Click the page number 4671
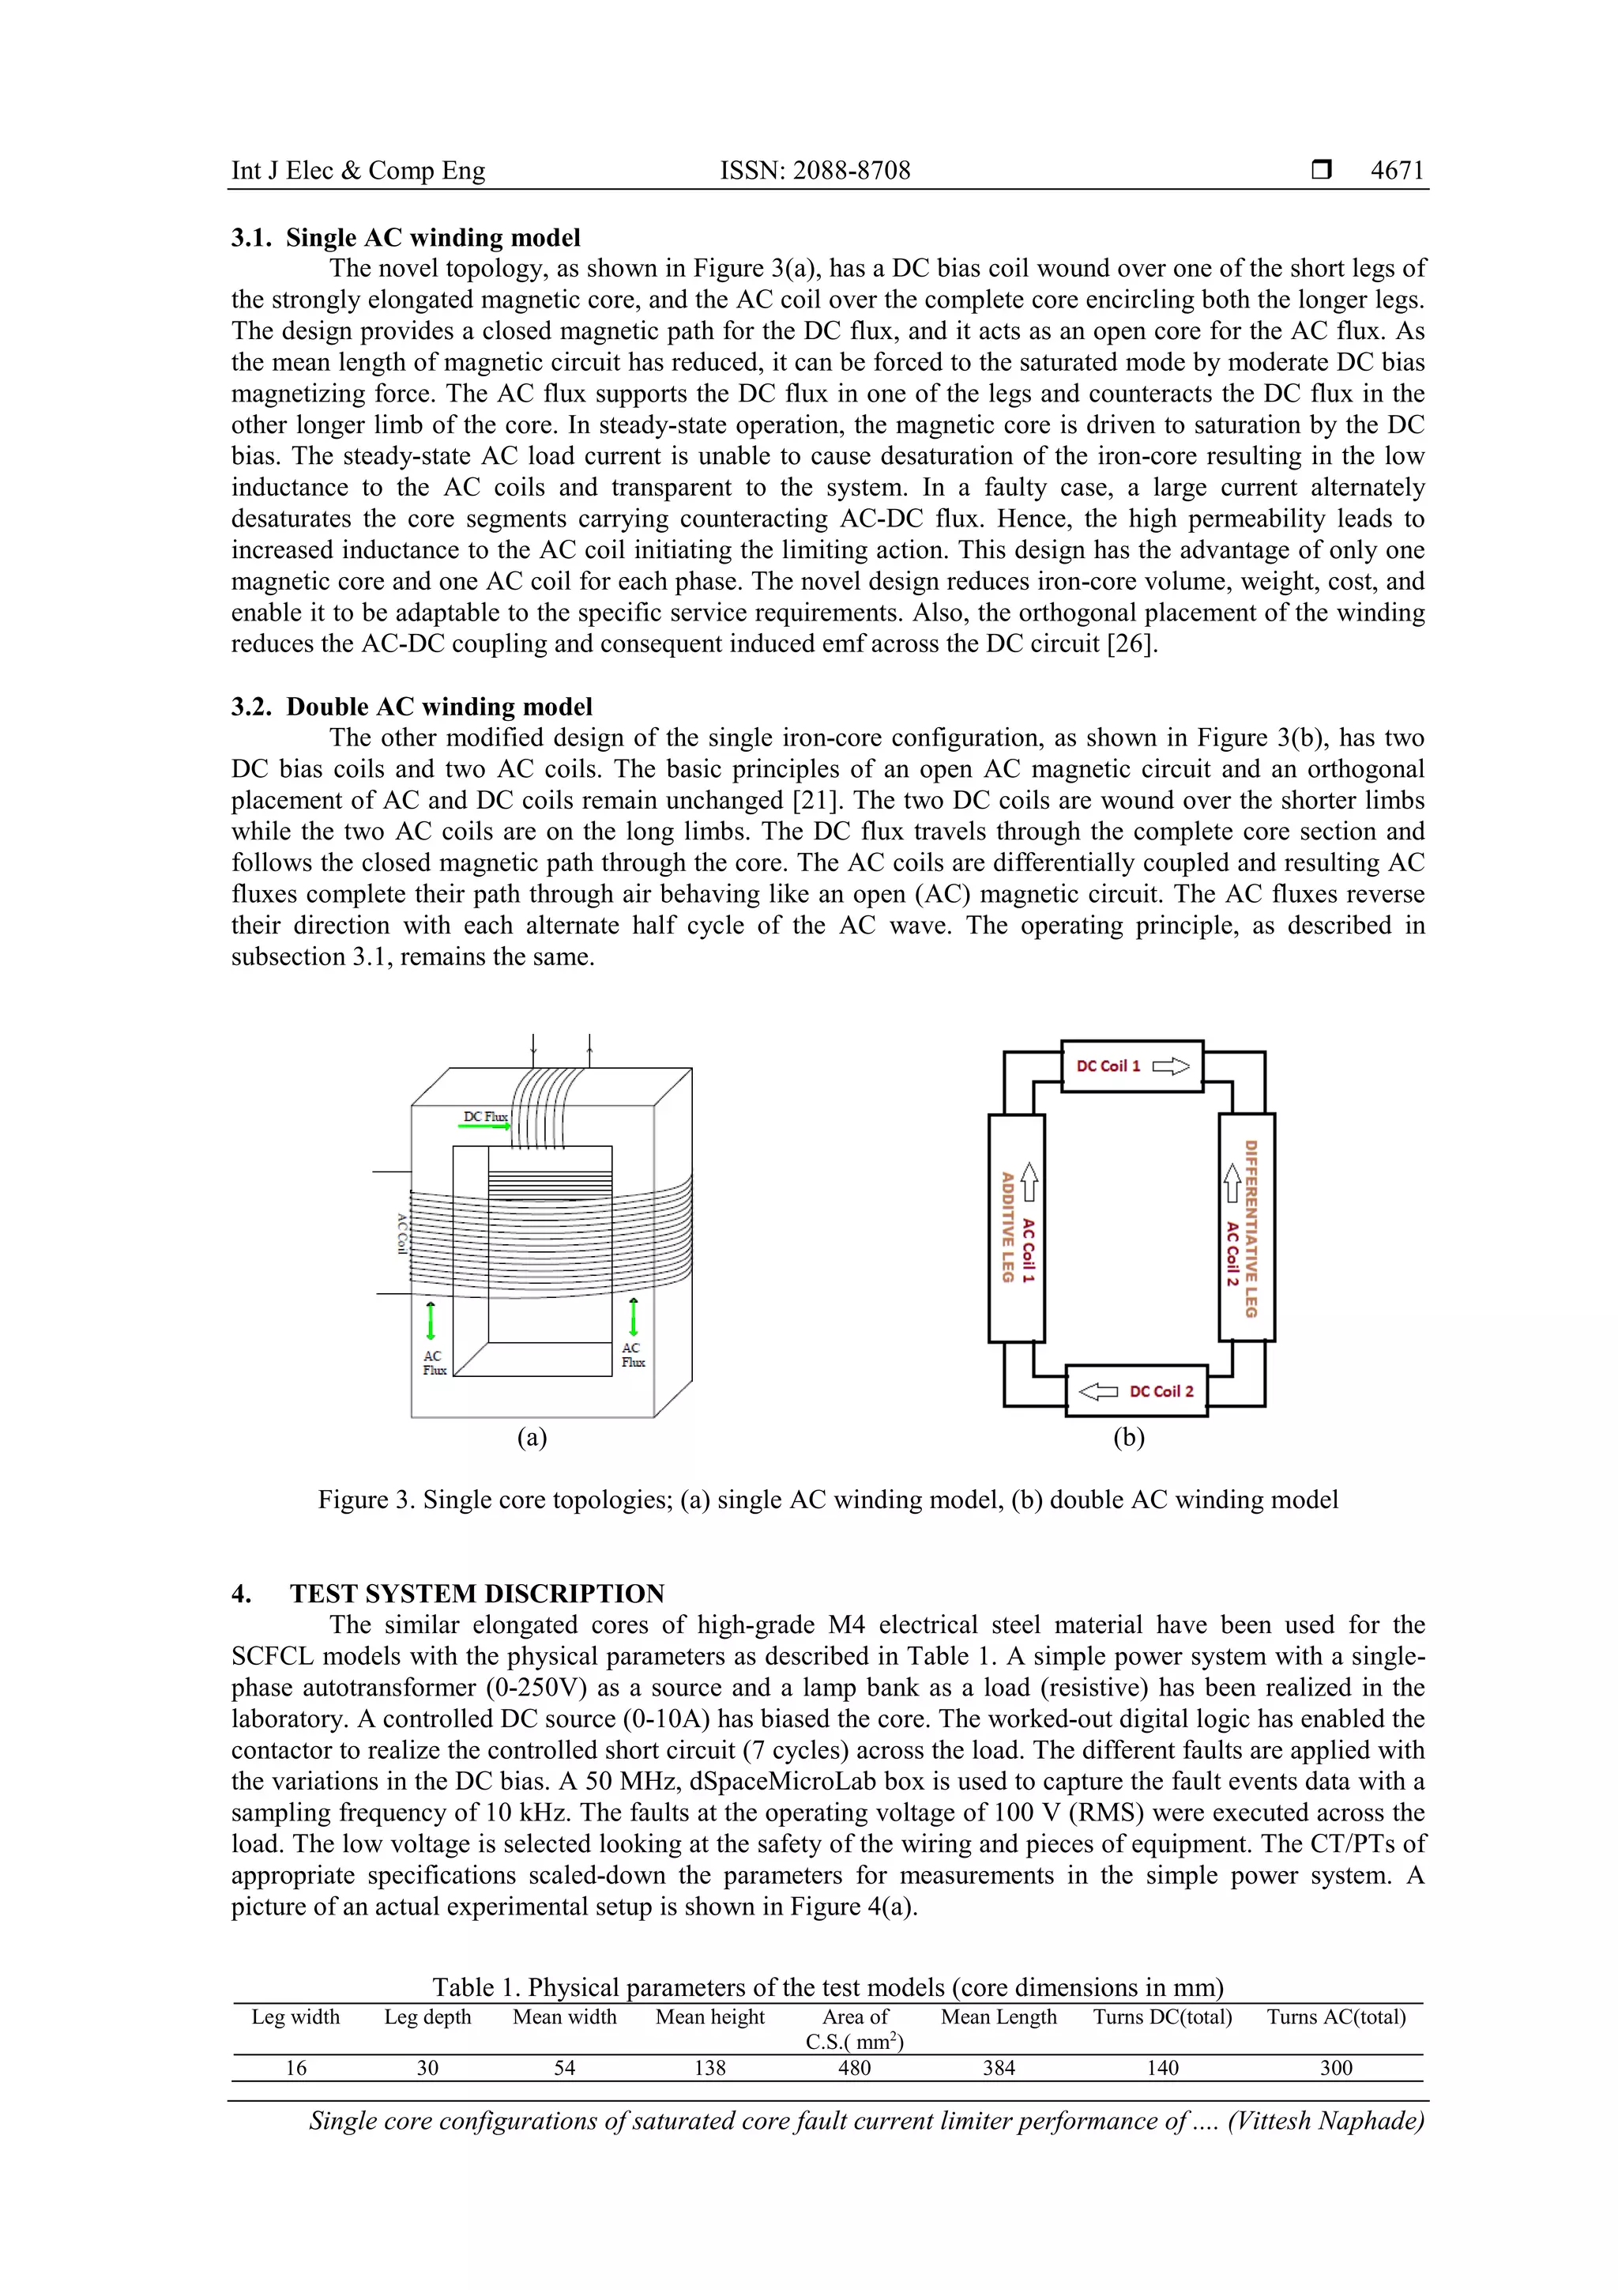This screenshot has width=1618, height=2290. coord(1397,171)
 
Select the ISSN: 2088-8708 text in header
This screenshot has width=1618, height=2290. coord(815,171)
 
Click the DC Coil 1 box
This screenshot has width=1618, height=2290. coord(1131,1066)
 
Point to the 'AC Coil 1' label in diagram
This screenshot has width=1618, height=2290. coord(1029,1250)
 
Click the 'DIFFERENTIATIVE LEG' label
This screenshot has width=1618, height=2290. coord(1251,1228)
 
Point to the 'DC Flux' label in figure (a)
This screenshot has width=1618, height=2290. coord(484,1116)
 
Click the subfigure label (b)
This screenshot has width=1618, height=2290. coord(1128,1437)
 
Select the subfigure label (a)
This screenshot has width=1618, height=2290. coord(532,1437)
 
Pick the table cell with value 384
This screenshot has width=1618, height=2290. coord(998,2068)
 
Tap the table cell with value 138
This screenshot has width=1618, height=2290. coord(709,2068)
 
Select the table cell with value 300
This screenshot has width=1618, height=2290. coord(1336,2068)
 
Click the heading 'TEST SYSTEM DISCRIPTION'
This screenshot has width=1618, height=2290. coord(476,1593)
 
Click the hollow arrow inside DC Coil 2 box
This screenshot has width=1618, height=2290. coord(1099,1391)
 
